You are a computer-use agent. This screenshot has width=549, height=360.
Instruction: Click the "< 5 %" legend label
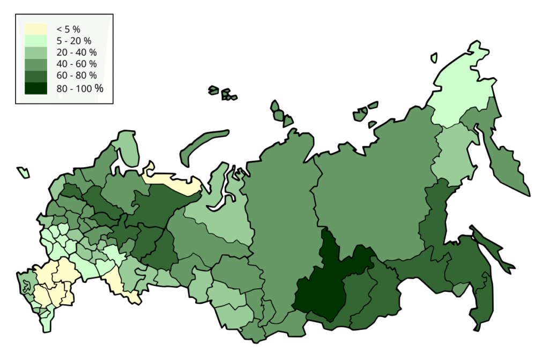click(x=68, y=29)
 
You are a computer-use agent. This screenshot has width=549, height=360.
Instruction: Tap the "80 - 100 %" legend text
click(x=79, y=88)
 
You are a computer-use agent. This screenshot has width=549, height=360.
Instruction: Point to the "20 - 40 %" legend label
click(x=76, y=52)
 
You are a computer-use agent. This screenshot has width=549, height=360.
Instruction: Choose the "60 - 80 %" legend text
click(x=76, y=76)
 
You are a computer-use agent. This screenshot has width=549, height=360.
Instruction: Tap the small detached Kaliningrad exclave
click(x=24, y=172)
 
